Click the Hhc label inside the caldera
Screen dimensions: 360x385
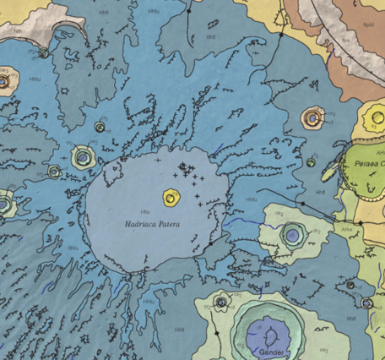point(145,210)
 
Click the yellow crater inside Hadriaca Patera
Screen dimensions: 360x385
point(174,199)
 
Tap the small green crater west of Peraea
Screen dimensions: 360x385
point(312,161)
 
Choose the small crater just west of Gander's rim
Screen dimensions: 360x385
point(221,302)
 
